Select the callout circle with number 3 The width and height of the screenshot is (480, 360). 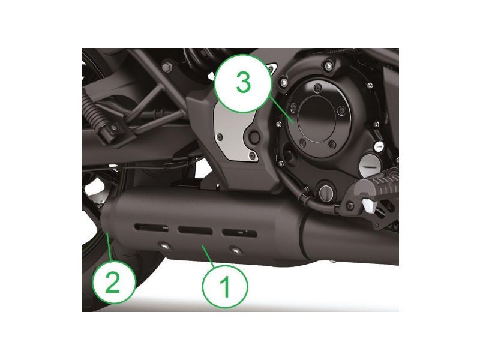click(243, 83)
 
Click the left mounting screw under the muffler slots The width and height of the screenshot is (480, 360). click(161, 244)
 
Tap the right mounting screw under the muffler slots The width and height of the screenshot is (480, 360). click(235, 250)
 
